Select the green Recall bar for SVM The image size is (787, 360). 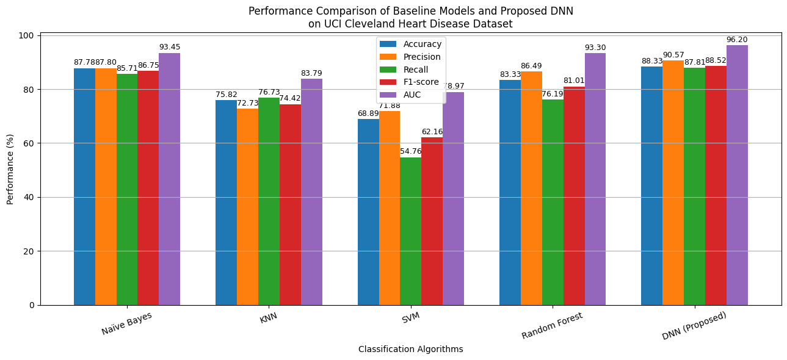pyautogui.click(x=410, y=231)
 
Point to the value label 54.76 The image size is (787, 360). pyautogui.click(x=410, y=152)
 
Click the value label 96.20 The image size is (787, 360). pyautogui.click(x=737, y=40)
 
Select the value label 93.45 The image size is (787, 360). pyautogui.click(x=169, y=47)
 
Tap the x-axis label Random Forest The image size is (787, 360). pyautogui.click(x=552, y=325)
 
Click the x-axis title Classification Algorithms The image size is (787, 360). pyautogui.click(x=410, y=349)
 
